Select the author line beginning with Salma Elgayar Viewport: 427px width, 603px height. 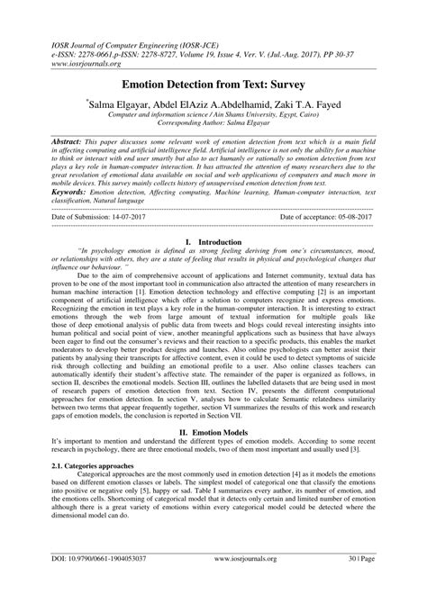click(x=213, y=106)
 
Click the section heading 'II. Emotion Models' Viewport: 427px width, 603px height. click(x=213, y=431)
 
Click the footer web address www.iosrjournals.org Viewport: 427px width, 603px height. click(x=218, y=585)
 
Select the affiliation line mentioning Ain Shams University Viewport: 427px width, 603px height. click(x=213, y=118)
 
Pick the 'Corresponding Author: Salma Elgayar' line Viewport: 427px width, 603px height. click(x=213, y=128)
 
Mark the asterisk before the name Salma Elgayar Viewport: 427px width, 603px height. click(x=112, y=102)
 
